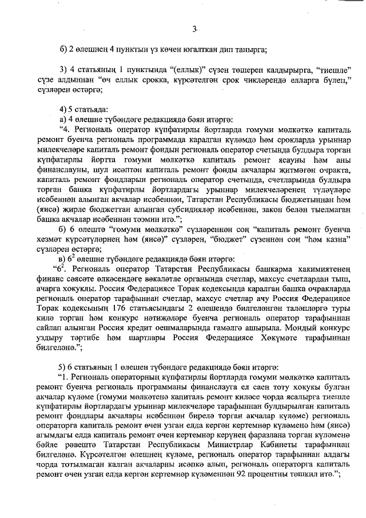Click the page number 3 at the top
(x=194, y=29)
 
